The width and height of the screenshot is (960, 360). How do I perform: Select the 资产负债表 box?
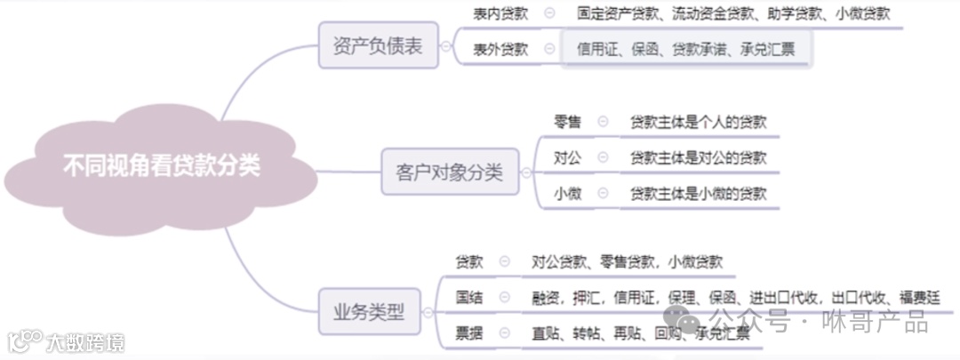click(x=378, y=47)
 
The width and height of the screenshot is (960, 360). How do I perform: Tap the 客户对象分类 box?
click(x=449, y=172)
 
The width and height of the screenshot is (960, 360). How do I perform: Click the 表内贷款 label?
click(x=500, y=13)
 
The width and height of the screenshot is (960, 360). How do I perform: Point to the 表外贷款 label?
click(x=500, y=49)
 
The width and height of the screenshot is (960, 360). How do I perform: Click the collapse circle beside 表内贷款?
click(x=548, y=13)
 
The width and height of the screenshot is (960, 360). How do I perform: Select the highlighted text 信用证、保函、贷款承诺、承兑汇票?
click(x=685, y=49)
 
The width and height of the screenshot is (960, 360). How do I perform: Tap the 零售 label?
click(x=567, y=122)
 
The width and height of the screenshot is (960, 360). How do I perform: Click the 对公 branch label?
click(x=567, y=157)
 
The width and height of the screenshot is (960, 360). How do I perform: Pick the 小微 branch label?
click(x=567, y=193)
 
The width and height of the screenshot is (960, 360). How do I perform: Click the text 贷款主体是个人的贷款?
click(x=698, y=122)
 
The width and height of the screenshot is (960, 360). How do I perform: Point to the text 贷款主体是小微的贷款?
click(x=698, y=193)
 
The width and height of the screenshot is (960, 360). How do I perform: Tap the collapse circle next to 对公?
click(x=604, y=157)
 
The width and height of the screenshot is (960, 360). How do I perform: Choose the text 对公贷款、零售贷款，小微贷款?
click(x=628, y=261)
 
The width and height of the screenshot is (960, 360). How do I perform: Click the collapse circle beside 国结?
click(x=505, y=297)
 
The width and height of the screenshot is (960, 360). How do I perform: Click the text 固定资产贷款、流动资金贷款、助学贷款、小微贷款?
click(x=732, y=13)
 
